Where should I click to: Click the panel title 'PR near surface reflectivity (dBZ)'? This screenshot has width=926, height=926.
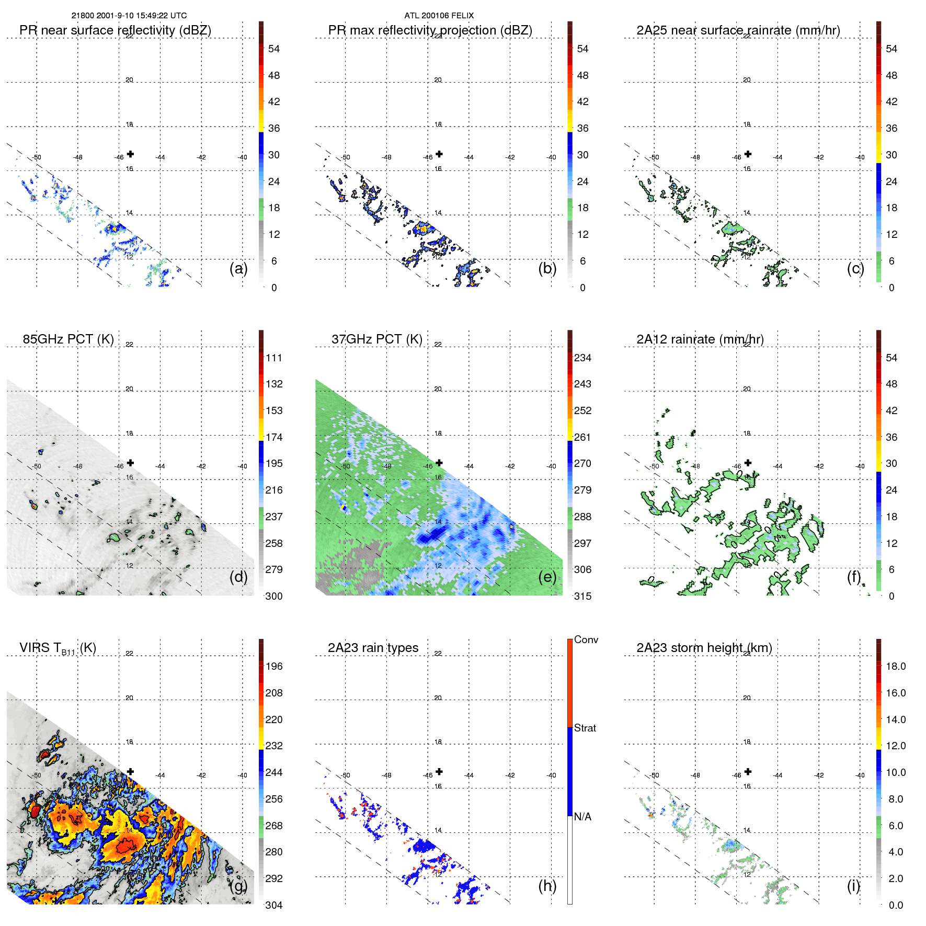115,30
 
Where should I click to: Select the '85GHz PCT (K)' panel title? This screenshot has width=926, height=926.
68,339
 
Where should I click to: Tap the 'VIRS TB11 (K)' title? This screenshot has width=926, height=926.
58,648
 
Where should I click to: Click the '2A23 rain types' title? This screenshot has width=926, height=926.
373,648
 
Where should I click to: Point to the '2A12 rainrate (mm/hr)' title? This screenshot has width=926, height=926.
700,339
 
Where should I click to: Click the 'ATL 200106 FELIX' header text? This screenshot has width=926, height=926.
439,16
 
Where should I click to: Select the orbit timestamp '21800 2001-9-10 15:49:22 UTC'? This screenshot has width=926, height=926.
129,16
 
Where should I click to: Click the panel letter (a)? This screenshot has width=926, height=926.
238,268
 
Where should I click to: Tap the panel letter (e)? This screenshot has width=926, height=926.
547,577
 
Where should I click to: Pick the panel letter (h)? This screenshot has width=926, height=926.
547,886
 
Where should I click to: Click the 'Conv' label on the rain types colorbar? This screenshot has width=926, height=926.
586,639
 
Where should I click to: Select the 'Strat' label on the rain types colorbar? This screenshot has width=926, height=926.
585,728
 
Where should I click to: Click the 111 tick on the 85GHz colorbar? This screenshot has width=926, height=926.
274,358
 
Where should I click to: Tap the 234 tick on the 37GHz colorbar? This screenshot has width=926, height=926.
582,358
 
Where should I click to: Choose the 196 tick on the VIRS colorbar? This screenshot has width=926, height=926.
274,667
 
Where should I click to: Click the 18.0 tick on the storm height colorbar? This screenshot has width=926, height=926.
896,667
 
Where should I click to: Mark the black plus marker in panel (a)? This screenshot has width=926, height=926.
130,154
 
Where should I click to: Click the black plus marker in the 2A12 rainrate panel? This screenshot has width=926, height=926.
748,463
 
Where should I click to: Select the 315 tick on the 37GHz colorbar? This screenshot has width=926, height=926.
582,597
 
